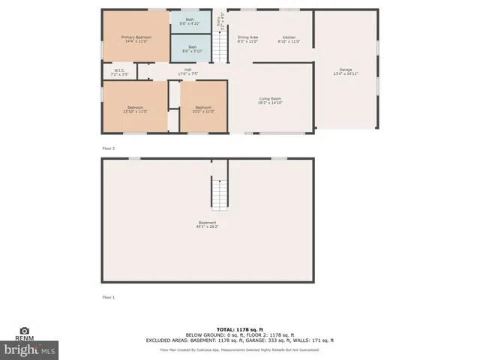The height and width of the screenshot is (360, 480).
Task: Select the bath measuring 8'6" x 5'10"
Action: [x=193, y=49]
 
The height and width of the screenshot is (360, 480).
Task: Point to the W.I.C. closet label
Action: [x=119, y=73]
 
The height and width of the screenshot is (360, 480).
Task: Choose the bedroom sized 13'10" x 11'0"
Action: [x=135, y=109]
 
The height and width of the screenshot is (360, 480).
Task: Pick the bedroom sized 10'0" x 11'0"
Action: [x=203, y=109]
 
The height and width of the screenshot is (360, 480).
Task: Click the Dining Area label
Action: [x=247, y=38]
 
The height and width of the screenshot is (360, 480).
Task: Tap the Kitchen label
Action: [x=289, y=38]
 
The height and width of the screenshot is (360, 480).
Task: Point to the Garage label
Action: [x=345, y=71]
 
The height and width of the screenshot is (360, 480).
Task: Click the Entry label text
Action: [x=219, y=25]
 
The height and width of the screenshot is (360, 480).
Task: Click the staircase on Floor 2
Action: [x=218, y=46]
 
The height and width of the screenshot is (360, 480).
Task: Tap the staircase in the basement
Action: [x=218, y=193]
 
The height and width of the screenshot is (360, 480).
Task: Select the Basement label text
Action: [x=208, y=223]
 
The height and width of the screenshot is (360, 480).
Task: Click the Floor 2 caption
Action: [x=109, y=148]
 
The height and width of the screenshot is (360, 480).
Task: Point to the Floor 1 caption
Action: [x=109, y=297]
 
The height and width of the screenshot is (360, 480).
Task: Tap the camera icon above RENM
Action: [x=24, y=330]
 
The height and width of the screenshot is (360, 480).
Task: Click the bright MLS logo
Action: [x=30, y=349]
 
